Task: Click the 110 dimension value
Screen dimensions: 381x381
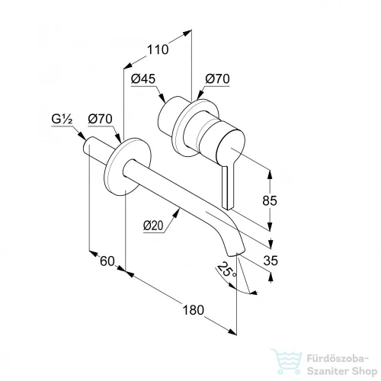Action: (158, 50)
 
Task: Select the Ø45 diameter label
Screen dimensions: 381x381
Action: (143, 79)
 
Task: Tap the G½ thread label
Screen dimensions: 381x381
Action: (62, 119)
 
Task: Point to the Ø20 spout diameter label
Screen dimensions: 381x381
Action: (153, 226)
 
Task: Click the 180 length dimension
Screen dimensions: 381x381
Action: (194, 310)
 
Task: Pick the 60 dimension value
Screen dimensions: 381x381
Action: (107, 261)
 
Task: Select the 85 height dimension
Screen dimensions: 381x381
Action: (270, 200)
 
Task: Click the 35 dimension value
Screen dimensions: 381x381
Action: (271, 261)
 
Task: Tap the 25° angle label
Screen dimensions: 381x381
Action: (226, 270)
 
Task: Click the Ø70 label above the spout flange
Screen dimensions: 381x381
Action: (100, 119)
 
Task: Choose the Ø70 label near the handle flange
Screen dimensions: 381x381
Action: (217, 79)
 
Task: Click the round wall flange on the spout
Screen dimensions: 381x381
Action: (128, 167)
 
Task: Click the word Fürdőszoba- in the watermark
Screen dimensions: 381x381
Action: (338, 359)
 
